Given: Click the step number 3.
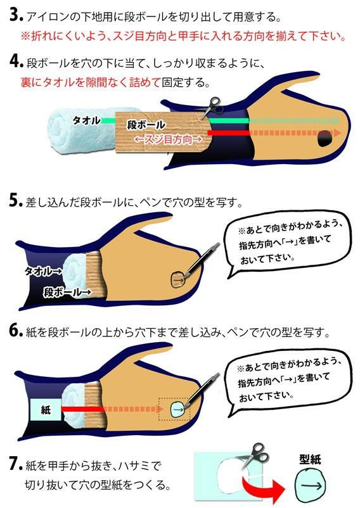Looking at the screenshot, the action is click(x=16, y=15).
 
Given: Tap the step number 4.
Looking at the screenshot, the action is click(x=16, y=61).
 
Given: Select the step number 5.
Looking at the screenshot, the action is click(x=16, y=201).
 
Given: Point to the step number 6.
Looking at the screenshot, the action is click(x=16, y=331).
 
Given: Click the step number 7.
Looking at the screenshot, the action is click(x=16, y=464).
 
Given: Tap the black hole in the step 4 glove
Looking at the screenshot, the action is click(x=325, y=138).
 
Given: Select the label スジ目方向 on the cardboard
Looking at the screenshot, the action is click(x=168, y=139).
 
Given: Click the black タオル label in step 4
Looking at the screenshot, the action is click(x=86, y=120).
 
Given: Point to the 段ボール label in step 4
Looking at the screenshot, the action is click(x=146, y=125).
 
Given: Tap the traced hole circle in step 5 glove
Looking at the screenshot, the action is click(x=179, y=279).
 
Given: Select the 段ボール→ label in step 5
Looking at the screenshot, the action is click(x=67, y=293).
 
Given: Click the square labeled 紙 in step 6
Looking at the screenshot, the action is click(x=46, y=410).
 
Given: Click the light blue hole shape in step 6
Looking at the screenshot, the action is click(x=177, y=409).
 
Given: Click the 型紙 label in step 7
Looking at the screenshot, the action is click(x=310, y=460).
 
